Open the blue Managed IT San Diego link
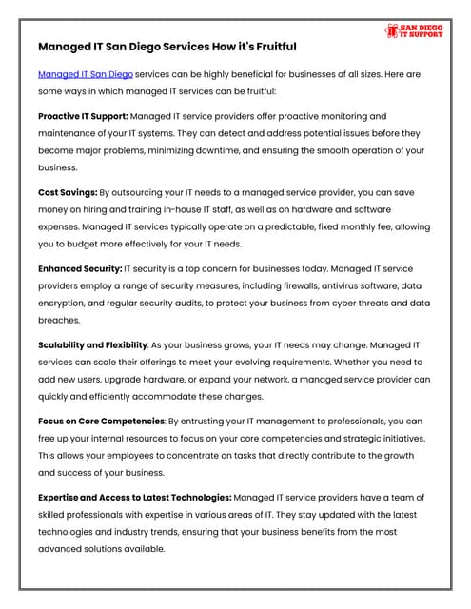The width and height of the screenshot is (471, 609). coord(86,73)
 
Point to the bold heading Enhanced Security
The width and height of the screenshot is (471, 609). coord(80,269)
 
